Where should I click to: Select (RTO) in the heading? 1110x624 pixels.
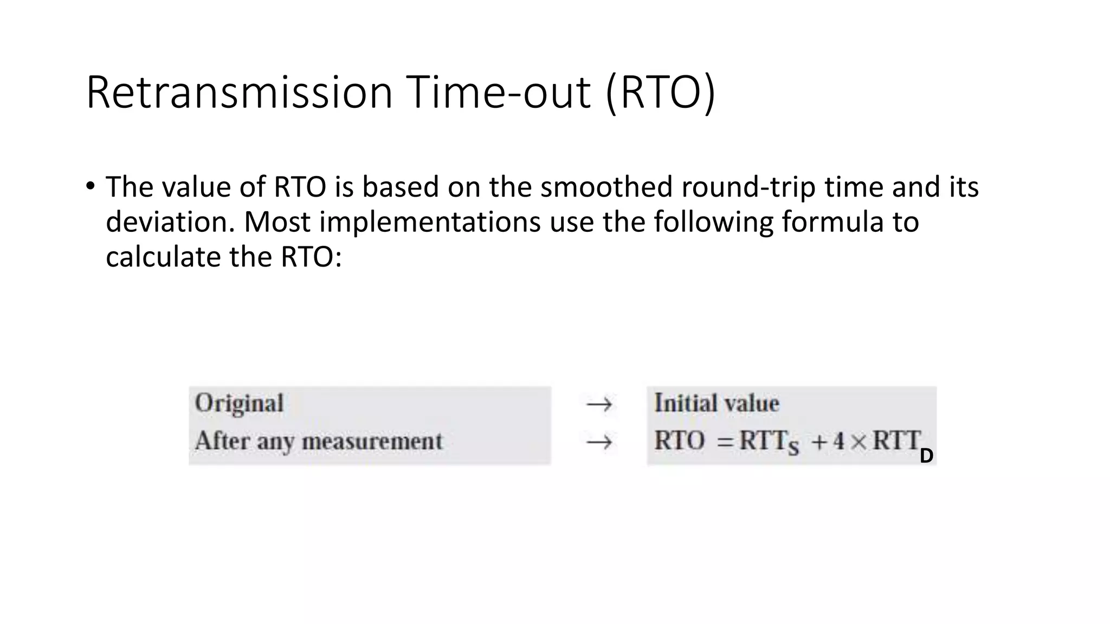pyautogui.click(x=660, y=93)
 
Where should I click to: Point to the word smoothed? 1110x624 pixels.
pyautogui.click(x=606, y=187)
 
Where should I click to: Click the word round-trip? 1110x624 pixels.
pyautogui.click(x=748, y=188)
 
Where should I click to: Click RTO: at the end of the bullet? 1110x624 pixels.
pyautogui.click(x=311, y=257)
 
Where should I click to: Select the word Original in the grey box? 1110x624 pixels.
pyautogui.click(x=239, y=404)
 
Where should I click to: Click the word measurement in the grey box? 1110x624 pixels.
pyautogui.click(x=372, y=441)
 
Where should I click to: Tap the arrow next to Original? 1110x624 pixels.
pyautogui.click(x=599, y=404)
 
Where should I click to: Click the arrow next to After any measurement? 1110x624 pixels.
pyautogui.click(x=599, y=443)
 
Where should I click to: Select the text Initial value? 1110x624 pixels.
pyautogui.click(x=716, y=404)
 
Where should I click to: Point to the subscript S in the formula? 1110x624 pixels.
pyautogui.click(x=793, y=448)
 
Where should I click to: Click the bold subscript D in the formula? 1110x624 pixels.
pyautogui.click(x=926, y=456)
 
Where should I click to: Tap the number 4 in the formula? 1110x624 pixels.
pyautogui.click(x=838, y=441)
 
